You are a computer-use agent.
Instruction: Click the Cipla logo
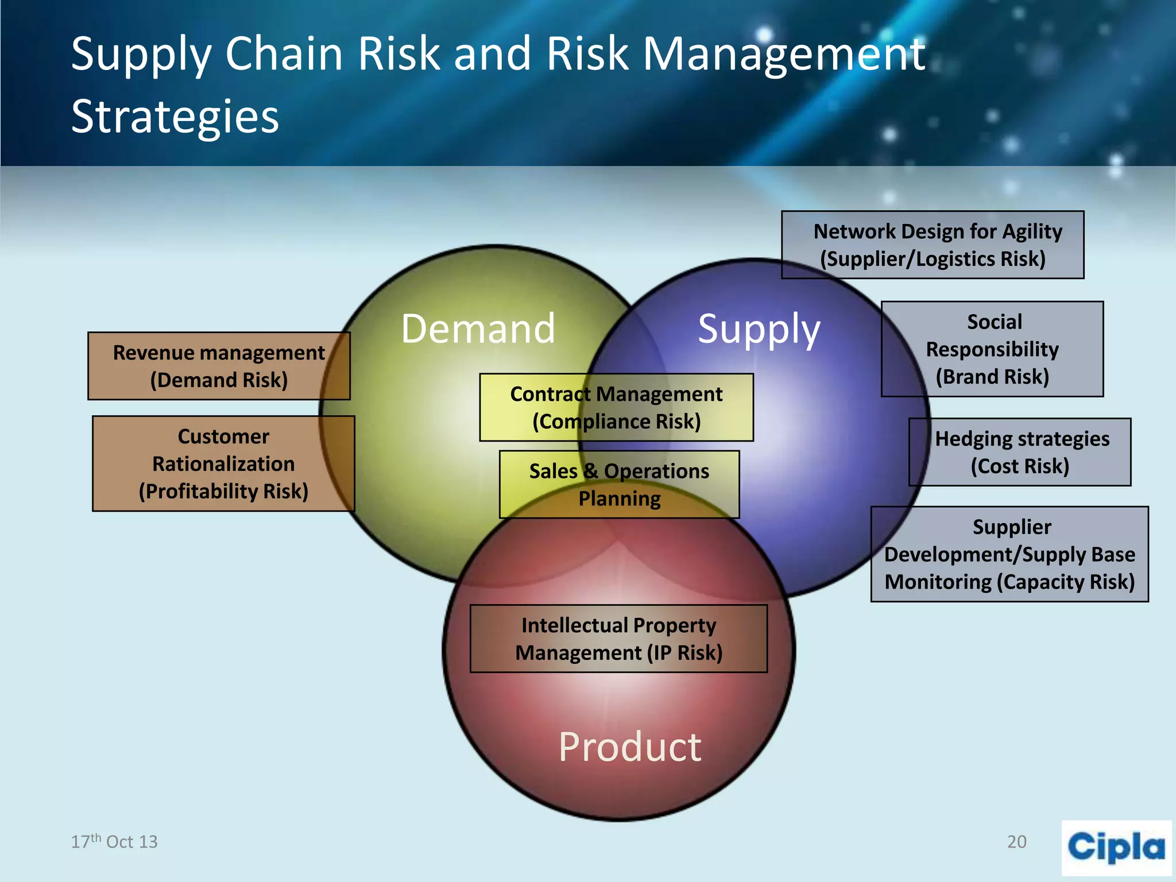(x=1116, y=848)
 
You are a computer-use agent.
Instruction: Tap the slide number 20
(x=1016, y=842)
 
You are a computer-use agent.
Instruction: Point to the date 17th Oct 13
(x=114, y=842)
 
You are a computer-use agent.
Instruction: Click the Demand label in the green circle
(x=478, y=329)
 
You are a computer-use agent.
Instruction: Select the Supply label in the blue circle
(x=759, y=329)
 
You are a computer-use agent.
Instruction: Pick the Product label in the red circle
(x=630, y=747)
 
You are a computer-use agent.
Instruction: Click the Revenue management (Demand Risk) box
(x=219, y=366)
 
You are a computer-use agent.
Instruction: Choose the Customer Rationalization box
(x=223, y=463)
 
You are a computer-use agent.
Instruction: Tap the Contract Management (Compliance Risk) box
(x=616, y=408)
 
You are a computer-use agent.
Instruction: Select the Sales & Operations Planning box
(x=619, y=485)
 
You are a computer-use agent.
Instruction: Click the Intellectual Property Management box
(x=618, y=639)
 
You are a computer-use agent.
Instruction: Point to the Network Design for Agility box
(x=933, y=245)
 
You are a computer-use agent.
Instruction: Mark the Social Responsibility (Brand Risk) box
(x=992, y=349)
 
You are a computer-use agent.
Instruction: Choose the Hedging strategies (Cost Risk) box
(x=1020, y=452)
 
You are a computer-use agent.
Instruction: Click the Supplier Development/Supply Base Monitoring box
(x=1009, y=554)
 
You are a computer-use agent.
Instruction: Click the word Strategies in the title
(x=175, y=116)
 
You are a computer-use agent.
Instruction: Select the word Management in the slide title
(x=784, y=54)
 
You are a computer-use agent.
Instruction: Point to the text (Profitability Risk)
(x=223, y=492)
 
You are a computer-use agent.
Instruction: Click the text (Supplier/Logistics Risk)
(x=933, y=259)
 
